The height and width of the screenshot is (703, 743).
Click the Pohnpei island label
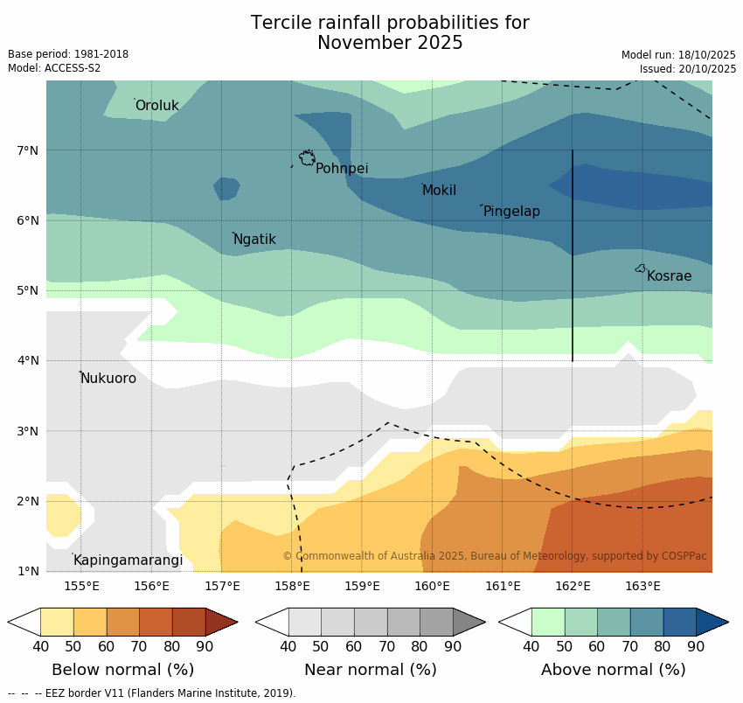342,169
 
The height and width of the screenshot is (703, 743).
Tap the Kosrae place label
669,276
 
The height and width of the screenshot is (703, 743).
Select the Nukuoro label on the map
108,379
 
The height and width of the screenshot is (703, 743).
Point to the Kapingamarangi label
128,560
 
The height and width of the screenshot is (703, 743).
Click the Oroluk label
156,106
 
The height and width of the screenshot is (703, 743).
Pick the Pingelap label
511,212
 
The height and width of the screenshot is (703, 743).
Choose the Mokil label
439,191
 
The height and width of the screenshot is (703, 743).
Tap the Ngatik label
254,240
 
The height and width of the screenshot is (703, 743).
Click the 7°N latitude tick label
28,150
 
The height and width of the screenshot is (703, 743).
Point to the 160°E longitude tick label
432,586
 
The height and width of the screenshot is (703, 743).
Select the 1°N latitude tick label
28,571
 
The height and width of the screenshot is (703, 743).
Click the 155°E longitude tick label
81,586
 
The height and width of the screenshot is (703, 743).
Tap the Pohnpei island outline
307,157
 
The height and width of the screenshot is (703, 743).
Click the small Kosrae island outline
640,268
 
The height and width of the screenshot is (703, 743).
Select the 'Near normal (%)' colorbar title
370,670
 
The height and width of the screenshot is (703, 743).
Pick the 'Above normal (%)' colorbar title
613,670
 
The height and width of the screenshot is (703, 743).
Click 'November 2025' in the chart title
390,43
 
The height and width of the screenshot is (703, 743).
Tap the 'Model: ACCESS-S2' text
54,68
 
